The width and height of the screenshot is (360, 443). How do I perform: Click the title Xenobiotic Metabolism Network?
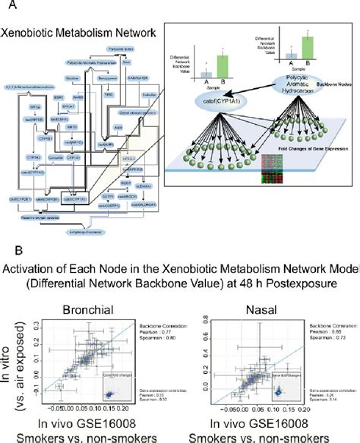point(79,33)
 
